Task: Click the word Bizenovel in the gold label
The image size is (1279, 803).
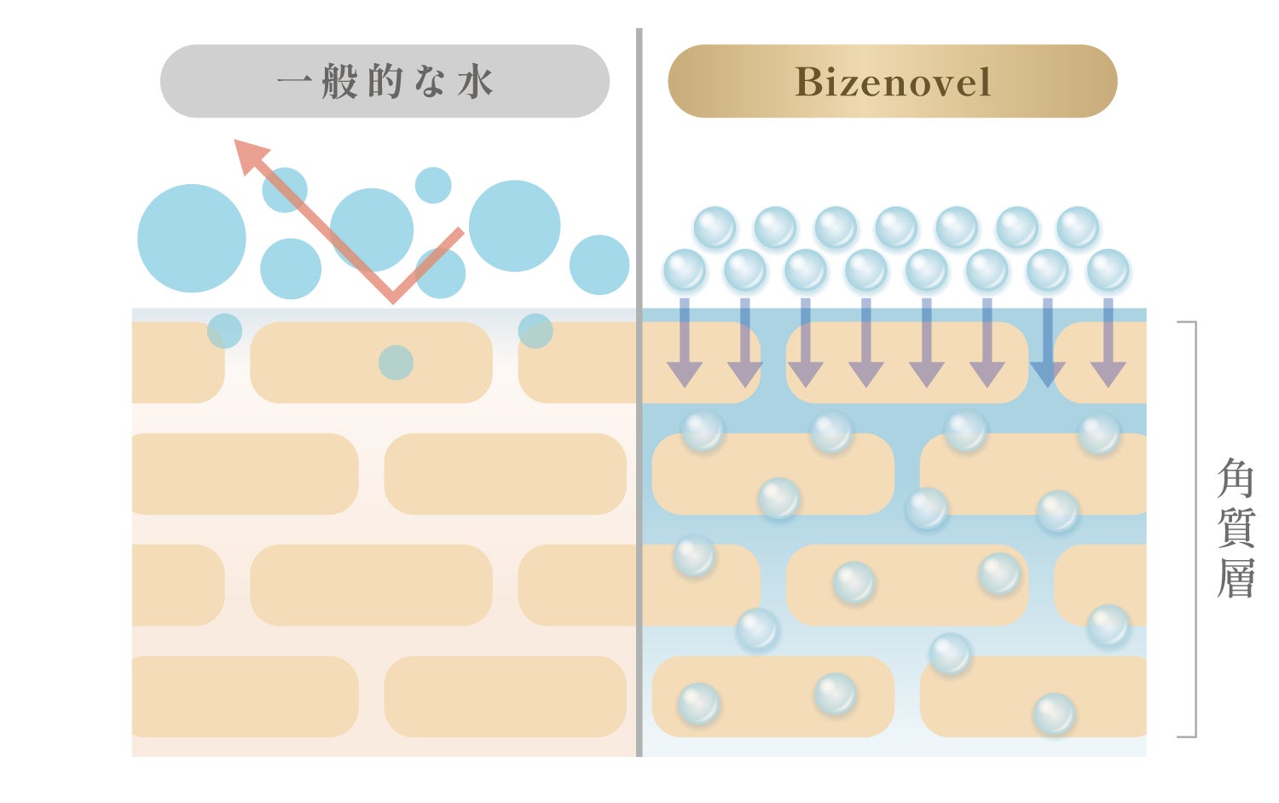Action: tap(892, 83)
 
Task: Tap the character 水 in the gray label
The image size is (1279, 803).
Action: tap(476, 83)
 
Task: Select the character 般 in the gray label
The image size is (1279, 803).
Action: tap(339, 83)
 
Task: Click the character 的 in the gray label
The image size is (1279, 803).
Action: tap(385, 83)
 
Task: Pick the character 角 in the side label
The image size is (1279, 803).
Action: tap(1236, 478)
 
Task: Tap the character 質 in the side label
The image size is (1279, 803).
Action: tap(1236, 529)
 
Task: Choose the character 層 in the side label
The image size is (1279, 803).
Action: tap(1236, 579)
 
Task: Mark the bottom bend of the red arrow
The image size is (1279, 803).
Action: tap(392, 296)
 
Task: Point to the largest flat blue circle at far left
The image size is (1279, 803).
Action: tap(192, 239)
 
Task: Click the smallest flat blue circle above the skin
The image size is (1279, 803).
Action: tap(433, 185)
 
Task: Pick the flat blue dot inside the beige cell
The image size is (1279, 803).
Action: tap(396, 363)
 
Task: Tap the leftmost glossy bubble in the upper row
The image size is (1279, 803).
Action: tap(715, 228)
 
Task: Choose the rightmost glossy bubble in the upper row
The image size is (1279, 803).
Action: tap(1078, 228)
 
